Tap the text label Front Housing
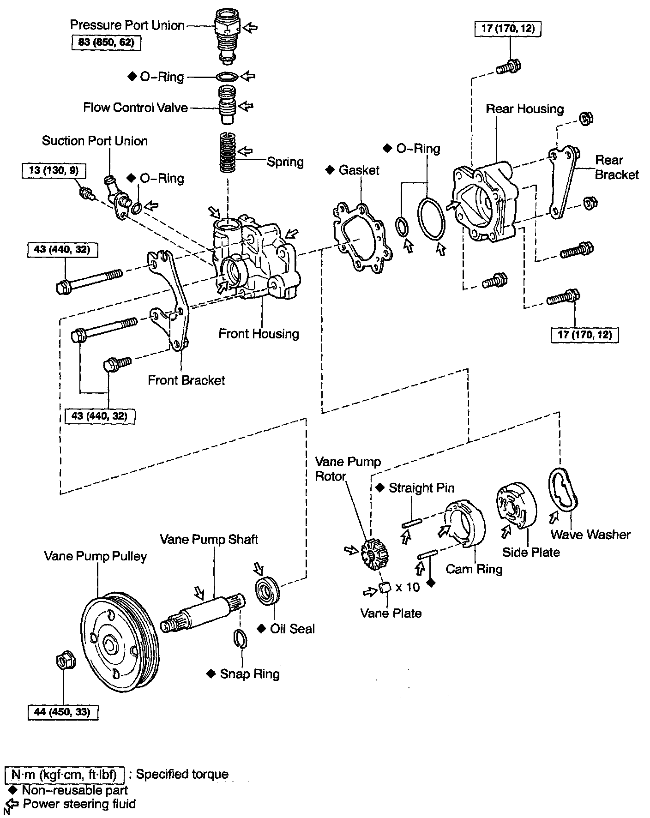click(259, 334)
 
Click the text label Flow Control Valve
click(135, 108)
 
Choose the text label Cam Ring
click(474, 569)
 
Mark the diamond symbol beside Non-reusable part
click(13, 790)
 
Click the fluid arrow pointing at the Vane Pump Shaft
click(199, 593)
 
